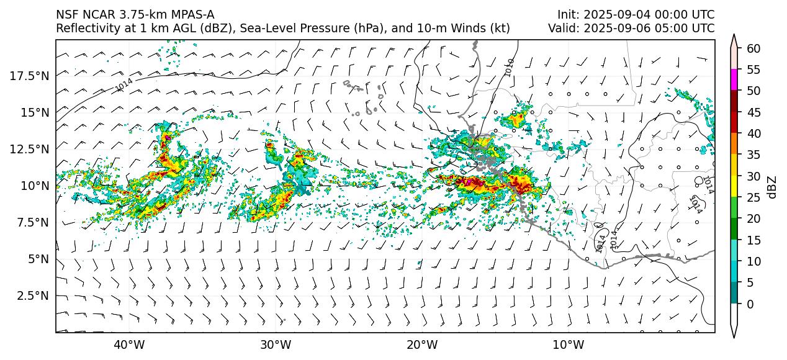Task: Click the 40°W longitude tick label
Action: coord(129,344)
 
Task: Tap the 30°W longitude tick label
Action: coord(276,344)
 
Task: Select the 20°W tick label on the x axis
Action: coord(422,344)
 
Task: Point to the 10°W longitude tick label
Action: coord(568,344)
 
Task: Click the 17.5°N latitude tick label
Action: coord(30,76)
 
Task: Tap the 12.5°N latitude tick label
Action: coord(30,149)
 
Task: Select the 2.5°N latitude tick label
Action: coord(33,295)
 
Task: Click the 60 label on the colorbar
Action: coord(753,48)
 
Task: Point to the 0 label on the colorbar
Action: coord(750,304)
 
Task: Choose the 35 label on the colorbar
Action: coord(753,155)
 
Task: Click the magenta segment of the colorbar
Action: coord(734,80)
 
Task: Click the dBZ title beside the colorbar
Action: coord(772,187)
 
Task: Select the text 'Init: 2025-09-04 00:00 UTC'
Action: coord(636,14)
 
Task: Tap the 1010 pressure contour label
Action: coord(510,68)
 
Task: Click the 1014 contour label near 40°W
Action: coord(125,85)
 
